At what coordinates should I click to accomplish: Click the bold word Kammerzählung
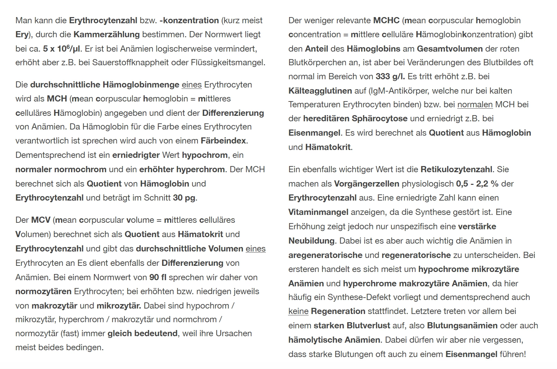pyautogui.click(x=107, y=35)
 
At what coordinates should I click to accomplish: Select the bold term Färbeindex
pyautogui.click(x=223, y=141)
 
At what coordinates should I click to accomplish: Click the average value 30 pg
pyautogui.click(x=185, y=198)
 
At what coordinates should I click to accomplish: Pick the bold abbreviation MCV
pyautogui.click(x=41, y=220)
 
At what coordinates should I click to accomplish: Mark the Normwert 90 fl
pyautogui.click(x=158, y=277)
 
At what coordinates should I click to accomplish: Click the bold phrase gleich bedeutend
pyautogui.click(x=142, y=333)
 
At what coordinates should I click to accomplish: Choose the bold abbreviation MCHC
pyautogui.click(x=386, y=20)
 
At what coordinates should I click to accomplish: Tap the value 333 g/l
pyautogui.click(x=390, y=77)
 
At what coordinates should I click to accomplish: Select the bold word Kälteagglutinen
pyautogui.click(x=320, y=91)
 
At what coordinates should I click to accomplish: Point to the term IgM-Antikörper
pyautogui.click(x=399, y=91)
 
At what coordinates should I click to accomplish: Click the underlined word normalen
pyautogui.click(x=475, y=105)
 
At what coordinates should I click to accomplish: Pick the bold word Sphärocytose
pyautogui.click(x=380, y=119)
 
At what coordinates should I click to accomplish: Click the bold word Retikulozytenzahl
pyautogui.click(x=457, y=169)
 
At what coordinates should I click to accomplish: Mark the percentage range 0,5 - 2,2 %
pyautogui.click(x=477, y=184)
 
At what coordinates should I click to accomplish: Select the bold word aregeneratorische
pyautogui.click(x=325, y=255)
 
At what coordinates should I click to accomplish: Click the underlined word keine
pyautogui.click(x=298, y=312)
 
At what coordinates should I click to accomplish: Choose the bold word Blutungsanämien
pyautogui.click(x=462, y=326)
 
